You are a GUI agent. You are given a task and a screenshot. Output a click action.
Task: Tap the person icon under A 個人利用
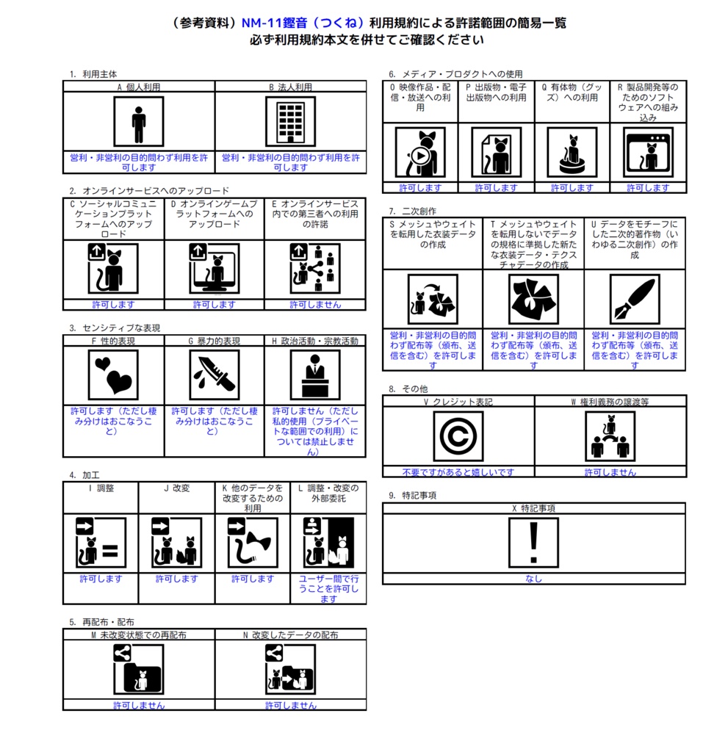[139, 122]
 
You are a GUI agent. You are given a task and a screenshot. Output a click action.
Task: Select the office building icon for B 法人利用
[291, 122]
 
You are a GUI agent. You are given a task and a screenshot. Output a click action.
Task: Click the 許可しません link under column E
[315, 305]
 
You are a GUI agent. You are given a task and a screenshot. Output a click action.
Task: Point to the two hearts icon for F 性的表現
[113, 375]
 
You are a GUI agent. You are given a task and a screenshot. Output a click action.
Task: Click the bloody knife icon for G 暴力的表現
[214, 375]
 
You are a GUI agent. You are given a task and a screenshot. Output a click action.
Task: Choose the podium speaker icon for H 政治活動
[315, 375]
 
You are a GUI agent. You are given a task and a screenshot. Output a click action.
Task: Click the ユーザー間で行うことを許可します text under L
[328, 588]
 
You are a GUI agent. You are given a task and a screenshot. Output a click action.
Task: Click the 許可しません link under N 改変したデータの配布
[291, 706]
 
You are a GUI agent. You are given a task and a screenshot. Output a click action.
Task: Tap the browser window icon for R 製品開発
[648, 153]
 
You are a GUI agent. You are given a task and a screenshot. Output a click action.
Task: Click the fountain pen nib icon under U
[635, 300]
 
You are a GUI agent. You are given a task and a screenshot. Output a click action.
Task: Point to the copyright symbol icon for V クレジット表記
[458, 436]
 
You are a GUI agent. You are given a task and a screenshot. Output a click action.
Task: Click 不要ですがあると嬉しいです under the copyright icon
[458, 472]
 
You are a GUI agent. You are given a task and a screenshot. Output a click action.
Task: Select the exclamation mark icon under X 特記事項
[533, 543]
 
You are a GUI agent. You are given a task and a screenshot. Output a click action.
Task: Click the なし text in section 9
[533, 579]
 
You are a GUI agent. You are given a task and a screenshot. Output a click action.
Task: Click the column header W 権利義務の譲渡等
[610, 402]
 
